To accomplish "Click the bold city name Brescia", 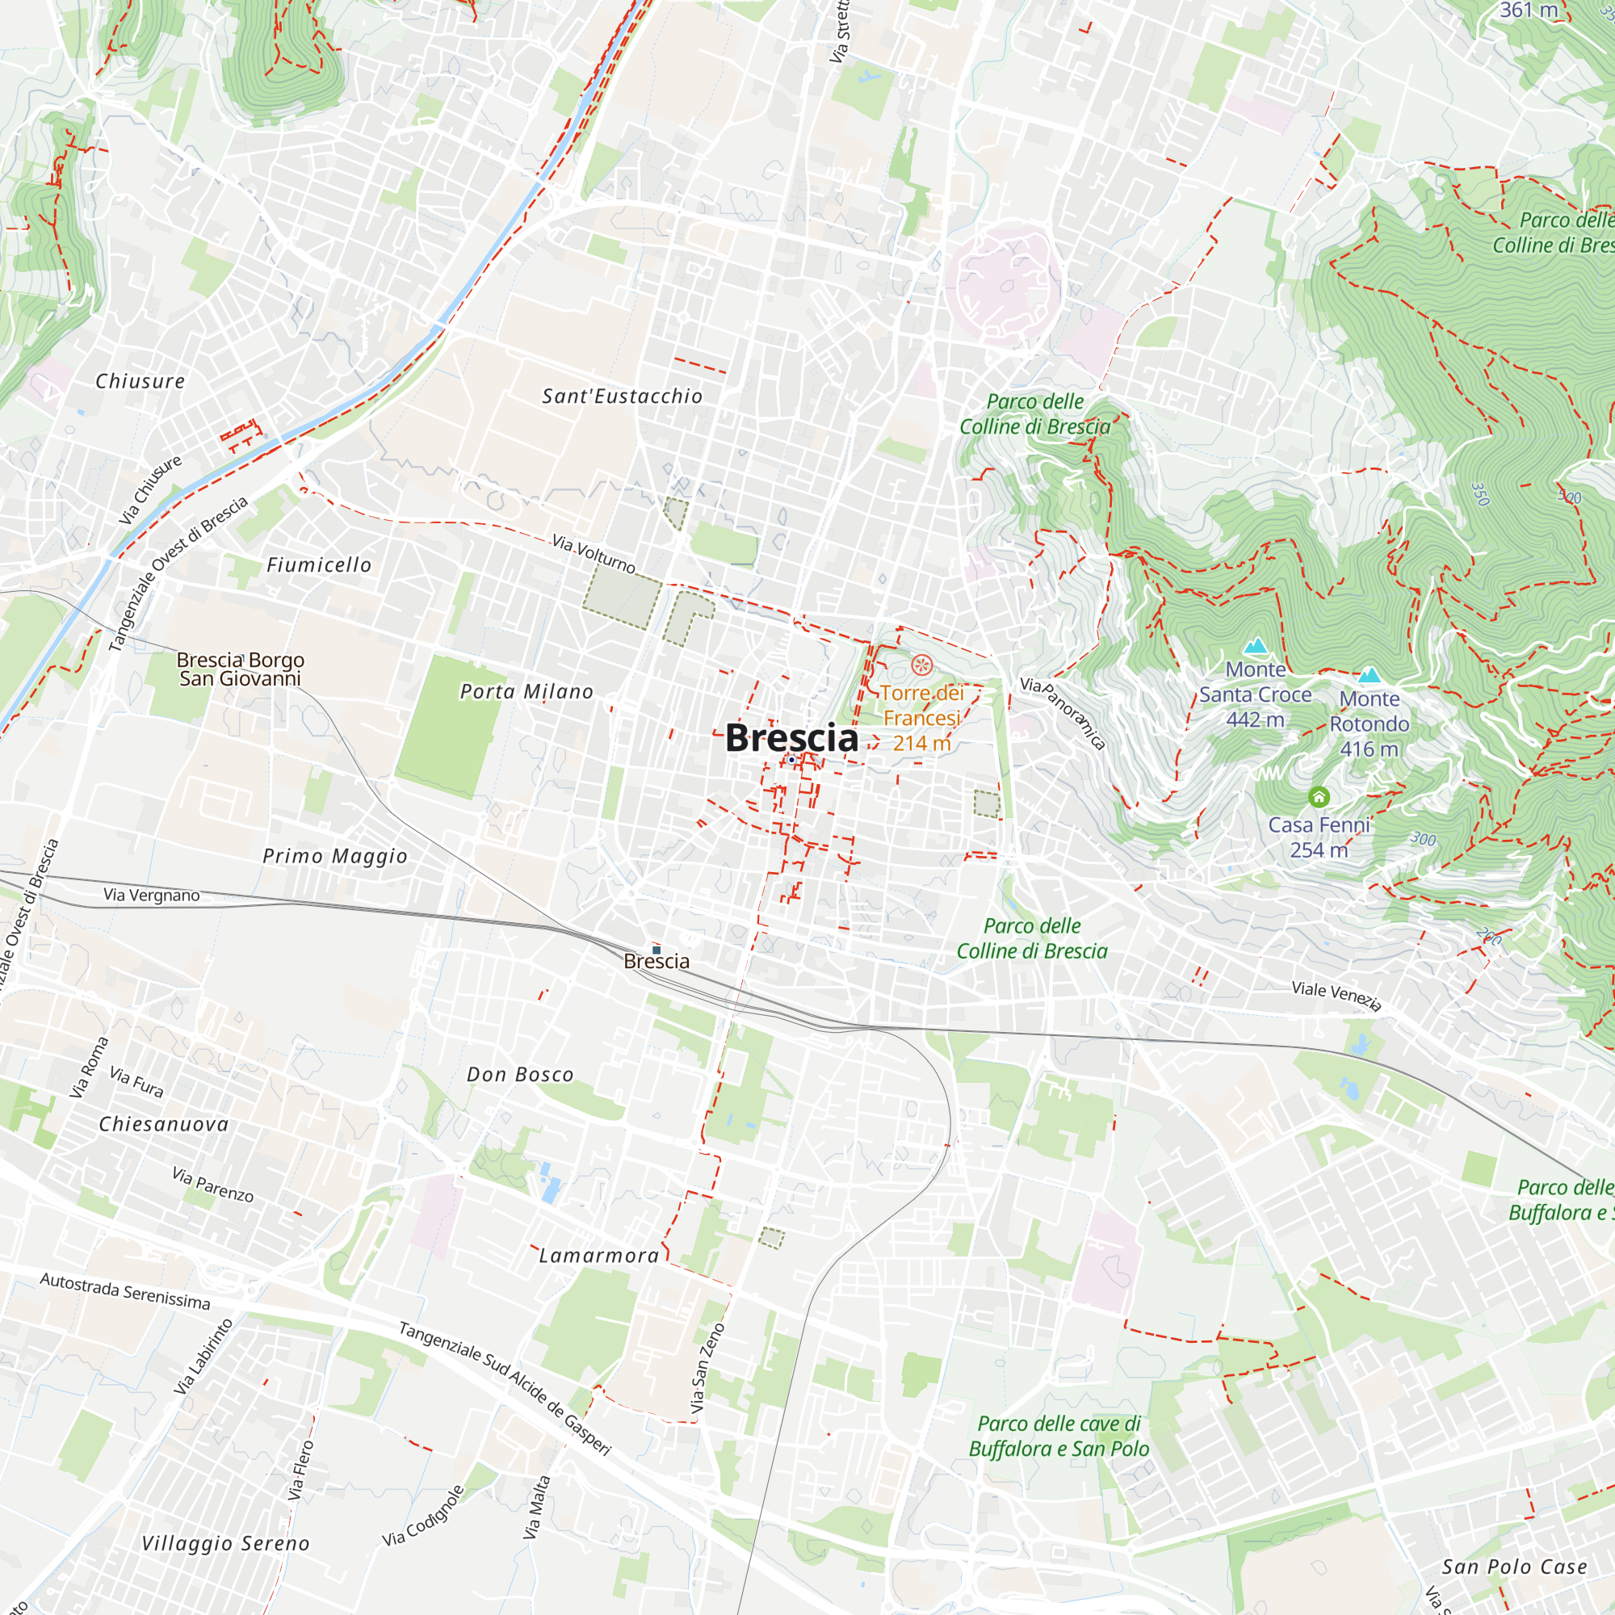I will click(x=791, y=737).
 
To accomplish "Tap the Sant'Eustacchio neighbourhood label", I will click(x=622, y=396).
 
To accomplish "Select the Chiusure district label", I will click(x=140, y=381).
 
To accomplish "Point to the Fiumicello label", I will click(x=318, y=565).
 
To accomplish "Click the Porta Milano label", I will click(x=526, y=691).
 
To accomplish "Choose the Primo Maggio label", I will click(x=334, y=856).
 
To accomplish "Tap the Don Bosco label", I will click(x=520, y=1074).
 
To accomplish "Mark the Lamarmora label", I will click(x=598, y=1256).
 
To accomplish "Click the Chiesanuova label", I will click(x=164, y=1124).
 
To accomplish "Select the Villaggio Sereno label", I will click(x=226, y=1544).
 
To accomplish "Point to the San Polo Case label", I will click(x=1514, y=1567).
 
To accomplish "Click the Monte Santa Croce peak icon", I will click(x=1256, y=646).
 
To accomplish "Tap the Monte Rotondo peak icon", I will click(x=1370, y=675).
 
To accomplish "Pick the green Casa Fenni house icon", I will click(x=1319, y=796).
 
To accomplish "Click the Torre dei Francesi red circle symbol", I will click(x=921, y=665).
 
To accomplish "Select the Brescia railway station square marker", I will click(x=656, y=950).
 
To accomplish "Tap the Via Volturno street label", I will click(x=594, y=554).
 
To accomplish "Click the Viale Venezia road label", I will click(x=1336, y=995).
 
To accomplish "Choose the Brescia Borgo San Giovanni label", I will click(x=240, y=669).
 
